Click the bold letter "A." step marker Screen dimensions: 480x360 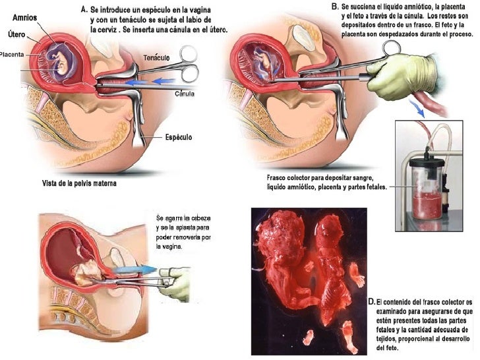84,10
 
